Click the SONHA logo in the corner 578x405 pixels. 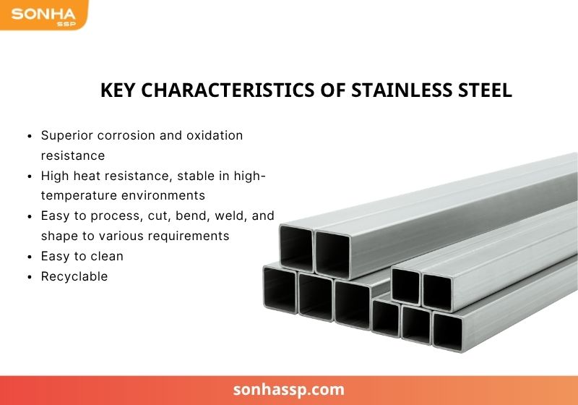[x=42, y=14]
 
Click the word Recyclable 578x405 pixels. [x=74, y=276]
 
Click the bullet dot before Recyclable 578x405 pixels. [x=30, y=277]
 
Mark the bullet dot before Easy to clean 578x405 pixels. [x=30, y=257]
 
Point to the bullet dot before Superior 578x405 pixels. [x=30, y=136]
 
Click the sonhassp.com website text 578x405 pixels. [x=289, y=390]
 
